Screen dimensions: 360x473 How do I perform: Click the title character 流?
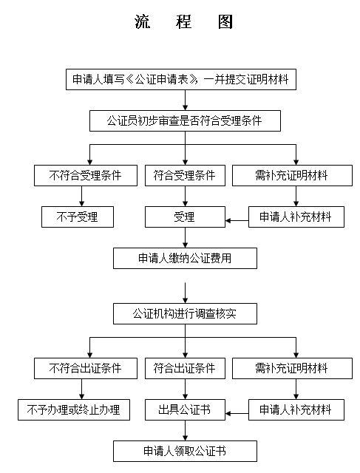coord(142,21)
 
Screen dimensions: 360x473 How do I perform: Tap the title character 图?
coord(225,21)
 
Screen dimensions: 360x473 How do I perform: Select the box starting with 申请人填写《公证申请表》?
coord(181,79)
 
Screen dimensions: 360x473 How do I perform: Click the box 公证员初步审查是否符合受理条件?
coord(185,120)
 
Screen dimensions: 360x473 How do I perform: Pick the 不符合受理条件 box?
coord(86,175)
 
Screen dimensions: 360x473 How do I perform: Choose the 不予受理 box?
coord(78,217)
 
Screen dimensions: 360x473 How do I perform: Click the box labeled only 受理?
coord(185,217)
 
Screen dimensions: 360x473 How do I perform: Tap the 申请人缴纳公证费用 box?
coord(185,258)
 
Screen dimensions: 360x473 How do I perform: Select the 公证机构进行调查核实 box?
coord(185,313)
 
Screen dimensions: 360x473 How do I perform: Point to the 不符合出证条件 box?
coord(86,368)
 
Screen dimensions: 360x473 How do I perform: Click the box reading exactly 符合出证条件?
coord(185,368)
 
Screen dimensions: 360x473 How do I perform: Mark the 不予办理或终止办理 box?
coord(74,409)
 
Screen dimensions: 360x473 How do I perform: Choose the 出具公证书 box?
coord(185,409)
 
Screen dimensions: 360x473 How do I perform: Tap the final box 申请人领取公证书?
coord(185,452)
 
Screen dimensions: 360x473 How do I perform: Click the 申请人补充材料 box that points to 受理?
coord(296,217)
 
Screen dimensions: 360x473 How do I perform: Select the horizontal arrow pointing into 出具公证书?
coord(237,413)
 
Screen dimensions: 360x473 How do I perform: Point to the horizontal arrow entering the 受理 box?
coord(237,220)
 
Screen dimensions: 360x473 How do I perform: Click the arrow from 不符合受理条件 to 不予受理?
coord(81,196)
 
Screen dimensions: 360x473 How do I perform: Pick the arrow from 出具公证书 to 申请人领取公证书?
coord(186,430)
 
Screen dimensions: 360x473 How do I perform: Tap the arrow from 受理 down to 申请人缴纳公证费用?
coord(186,237)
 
